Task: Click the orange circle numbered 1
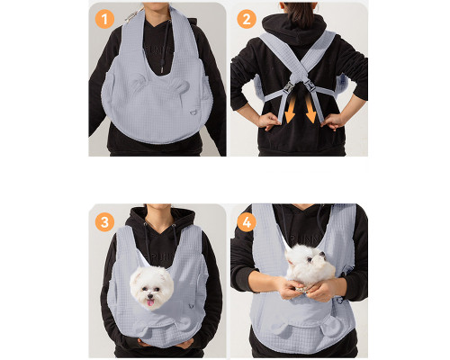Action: coord(104,19)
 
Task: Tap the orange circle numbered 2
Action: coord(247,19)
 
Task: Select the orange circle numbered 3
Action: coord(104,222)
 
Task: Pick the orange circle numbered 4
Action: coord(247,222)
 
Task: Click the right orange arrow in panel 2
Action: coord(310,110)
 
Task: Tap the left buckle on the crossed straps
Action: coord(289,87)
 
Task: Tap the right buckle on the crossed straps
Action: coord(309,87)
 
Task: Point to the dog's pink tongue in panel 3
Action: coord(150,302)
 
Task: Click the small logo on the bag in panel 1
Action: coord(193,112)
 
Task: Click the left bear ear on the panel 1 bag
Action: coord(138,80)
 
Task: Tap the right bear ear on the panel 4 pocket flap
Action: coord(331,327)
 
